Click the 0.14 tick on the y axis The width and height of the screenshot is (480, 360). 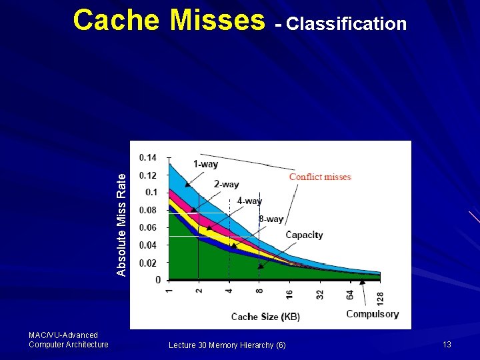click(x=148, y=157)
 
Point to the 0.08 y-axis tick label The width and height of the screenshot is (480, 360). click(x=148, y=210)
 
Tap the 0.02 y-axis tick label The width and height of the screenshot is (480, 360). click(x=148, y=263)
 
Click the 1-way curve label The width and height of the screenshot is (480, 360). click(x=205, y=164)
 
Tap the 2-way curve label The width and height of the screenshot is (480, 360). click(x=226, y=184)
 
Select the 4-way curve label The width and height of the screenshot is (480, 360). click(x=249, y=201)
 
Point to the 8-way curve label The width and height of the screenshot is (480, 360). click(x=271, y=219)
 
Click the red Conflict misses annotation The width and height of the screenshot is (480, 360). click(x=320, y=177)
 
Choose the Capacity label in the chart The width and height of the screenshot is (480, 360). click(x=304, y=235)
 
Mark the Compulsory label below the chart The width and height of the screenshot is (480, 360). click(x=373, y=314)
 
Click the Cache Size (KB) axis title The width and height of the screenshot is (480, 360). click(x=265, y=317)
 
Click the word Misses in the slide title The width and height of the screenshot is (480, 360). click(x=217, y=21)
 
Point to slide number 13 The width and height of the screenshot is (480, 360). click(x=447, y=344)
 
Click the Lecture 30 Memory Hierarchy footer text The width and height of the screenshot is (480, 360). click(x=227, y=345)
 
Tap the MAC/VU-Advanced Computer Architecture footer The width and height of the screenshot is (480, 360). click(x=68, y=339)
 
